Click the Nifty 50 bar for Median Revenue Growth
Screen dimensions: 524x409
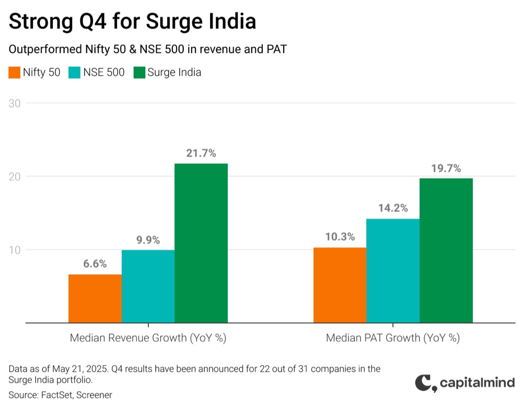coord(95,298)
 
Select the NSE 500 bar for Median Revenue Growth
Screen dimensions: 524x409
coord(148,286)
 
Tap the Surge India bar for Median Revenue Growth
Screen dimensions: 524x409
coord(201,243)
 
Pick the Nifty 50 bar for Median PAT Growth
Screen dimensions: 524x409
coord(340,285)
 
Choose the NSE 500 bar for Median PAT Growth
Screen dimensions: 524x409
coord(393,271)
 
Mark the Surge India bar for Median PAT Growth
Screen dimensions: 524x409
coord(446,250)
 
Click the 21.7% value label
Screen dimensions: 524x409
coord(201,153)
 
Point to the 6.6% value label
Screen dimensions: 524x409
coord(95,264)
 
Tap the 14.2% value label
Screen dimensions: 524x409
coord(393,208)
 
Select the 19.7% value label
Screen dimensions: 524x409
coord(446,168)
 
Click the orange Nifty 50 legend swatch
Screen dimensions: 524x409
coord(15,73)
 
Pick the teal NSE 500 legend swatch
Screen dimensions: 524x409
coord(74,73)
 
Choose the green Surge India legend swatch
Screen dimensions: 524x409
coord(139,73)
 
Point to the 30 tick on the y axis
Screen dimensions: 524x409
coord(15,103)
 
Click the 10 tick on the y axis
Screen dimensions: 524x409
coord(15,250)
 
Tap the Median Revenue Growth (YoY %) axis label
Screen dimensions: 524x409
coord(148,338)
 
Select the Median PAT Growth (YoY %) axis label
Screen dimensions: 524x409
coord(393,338)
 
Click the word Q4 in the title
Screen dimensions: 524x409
coord(93,22)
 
